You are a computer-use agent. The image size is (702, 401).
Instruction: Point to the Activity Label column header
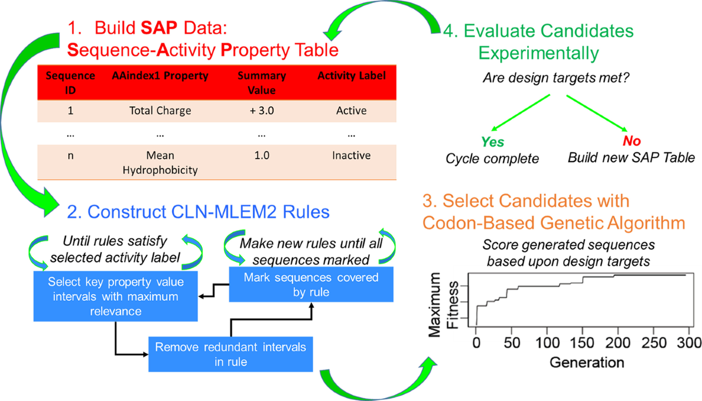click(x=349, y=76)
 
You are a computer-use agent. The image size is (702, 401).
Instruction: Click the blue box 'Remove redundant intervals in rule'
click(x=230, y=354)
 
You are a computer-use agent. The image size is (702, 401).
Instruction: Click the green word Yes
click(x=493, y=142)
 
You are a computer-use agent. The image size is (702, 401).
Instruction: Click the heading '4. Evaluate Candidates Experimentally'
click(x=537, y=43)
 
